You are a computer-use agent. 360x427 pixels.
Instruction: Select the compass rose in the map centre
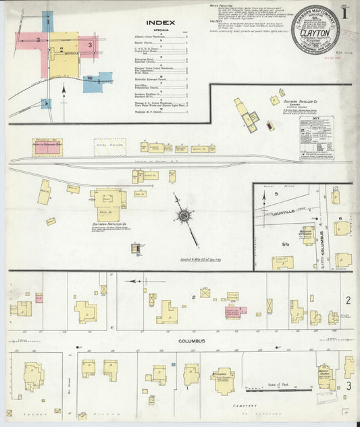(x=184, y=216)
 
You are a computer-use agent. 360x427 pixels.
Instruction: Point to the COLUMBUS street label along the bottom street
(x=192, y=341)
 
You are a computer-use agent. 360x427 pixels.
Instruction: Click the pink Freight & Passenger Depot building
(x=47, y=146)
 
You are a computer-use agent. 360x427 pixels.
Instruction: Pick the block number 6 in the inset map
(x=340, y=218)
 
